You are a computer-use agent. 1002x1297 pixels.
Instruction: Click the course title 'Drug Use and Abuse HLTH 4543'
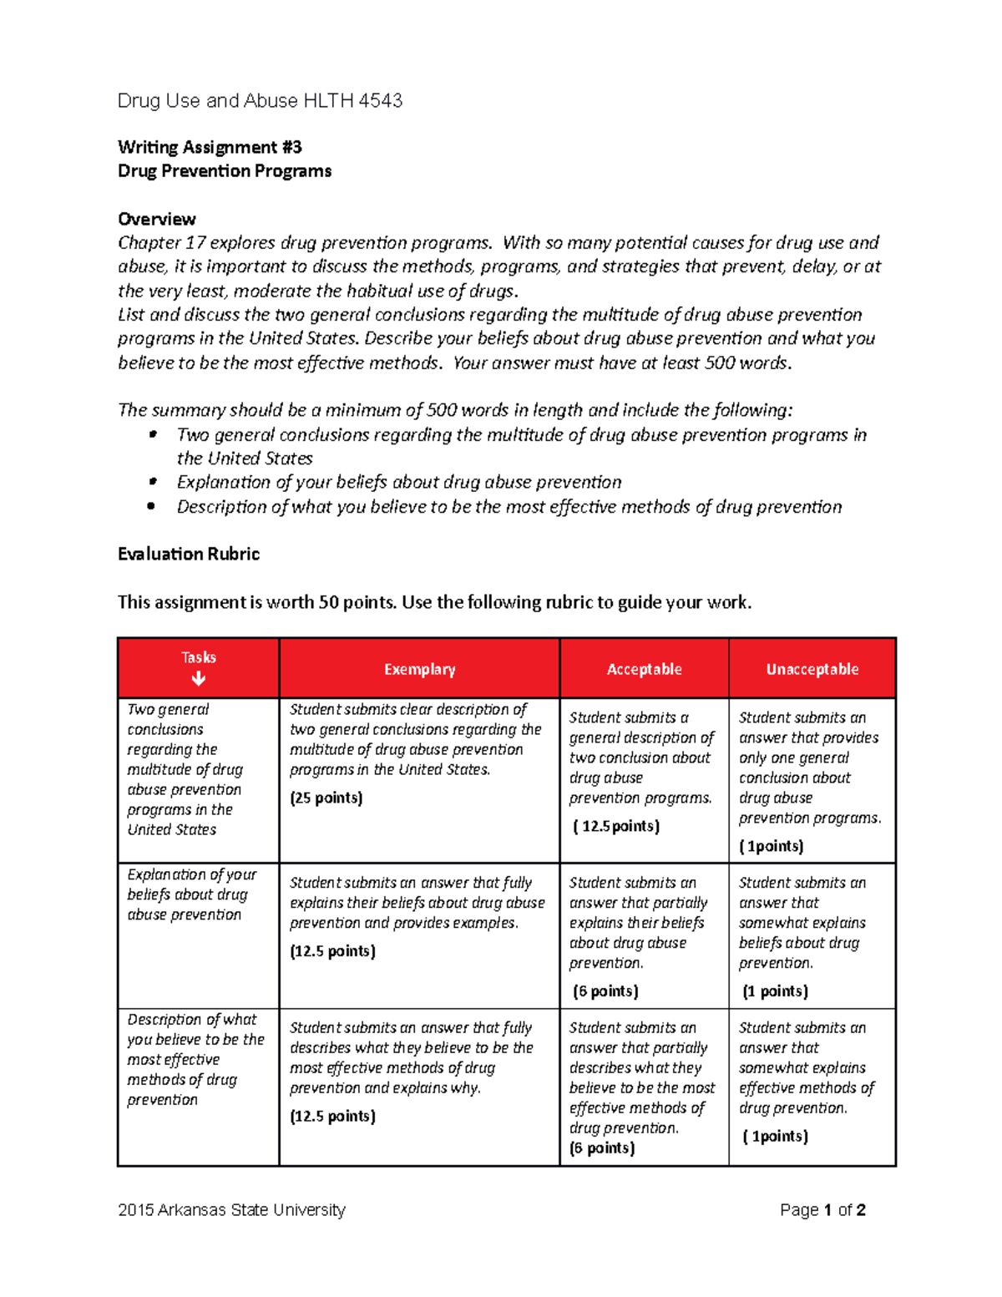260,101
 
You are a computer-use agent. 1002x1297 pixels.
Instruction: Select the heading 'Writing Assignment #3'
210,148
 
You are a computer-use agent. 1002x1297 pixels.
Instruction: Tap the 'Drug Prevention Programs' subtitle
225,171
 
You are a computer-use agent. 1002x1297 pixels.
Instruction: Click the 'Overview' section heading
157,220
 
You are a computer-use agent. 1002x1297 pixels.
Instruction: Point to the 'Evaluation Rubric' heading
189,555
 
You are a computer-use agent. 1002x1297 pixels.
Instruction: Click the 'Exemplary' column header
419,669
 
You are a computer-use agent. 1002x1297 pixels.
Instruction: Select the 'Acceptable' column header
644,669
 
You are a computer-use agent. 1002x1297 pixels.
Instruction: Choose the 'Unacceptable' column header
812,669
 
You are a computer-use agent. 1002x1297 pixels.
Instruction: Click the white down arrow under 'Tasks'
199,679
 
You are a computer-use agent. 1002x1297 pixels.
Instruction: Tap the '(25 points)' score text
326,798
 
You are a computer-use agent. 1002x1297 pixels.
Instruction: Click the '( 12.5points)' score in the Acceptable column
616,827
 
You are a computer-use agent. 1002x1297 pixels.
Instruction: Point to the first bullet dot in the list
152,434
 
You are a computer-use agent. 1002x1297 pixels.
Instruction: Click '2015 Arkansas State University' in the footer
231,1210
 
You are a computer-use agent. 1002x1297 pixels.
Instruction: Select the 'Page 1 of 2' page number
822,1210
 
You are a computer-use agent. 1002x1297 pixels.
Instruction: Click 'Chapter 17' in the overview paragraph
161,243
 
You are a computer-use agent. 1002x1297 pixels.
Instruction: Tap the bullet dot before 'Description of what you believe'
151,506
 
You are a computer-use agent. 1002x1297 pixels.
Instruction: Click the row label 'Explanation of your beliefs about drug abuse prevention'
191,894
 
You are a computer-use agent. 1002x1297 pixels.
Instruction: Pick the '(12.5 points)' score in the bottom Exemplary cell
332,1117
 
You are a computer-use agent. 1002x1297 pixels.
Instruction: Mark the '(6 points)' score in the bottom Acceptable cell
602,1148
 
